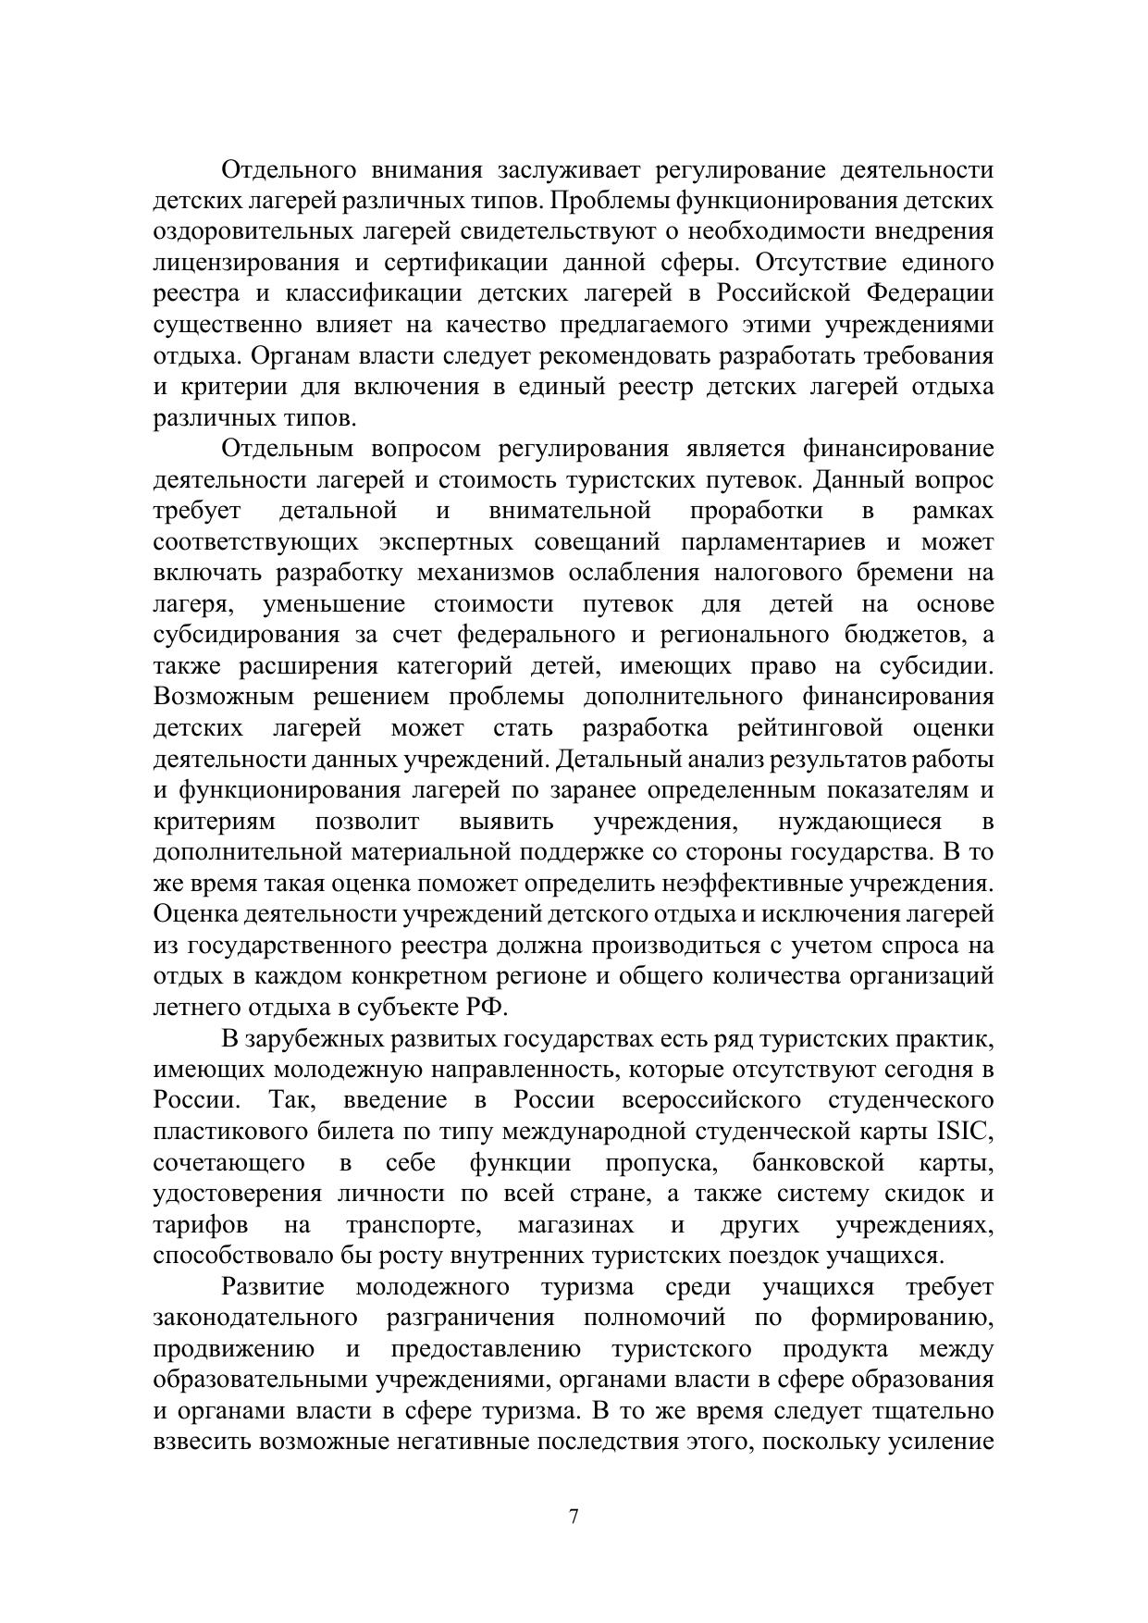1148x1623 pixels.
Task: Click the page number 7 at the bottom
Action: tap(574, 1517)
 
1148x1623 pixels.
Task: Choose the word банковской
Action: tap(819, 1163)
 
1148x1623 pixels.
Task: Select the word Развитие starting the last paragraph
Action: tap(273, 1287)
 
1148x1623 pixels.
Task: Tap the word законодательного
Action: tap(255, 1318)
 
